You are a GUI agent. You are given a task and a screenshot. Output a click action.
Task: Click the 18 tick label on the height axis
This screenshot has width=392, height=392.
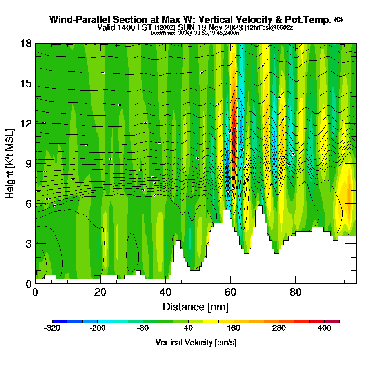click(x=25, y=43)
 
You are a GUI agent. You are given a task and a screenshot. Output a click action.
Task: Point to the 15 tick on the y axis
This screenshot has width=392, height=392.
click(x=25, y=83)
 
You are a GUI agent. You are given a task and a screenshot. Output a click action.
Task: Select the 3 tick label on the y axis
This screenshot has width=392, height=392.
click(x=28, y=243)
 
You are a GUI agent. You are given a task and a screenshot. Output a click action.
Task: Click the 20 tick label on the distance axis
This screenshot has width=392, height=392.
click(x=100, y=292)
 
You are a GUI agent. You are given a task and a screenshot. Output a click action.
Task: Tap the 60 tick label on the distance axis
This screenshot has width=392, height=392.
click(x=230, y=292)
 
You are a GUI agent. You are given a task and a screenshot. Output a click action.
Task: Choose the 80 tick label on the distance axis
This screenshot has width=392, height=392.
click(x=296, y=292)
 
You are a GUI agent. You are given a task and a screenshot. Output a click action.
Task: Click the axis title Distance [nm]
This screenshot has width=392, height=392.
click(x=196, y=307)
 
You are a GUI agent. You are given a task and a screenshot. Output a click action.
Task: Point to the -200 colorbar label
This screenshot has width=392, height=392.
click(x=98, y=328)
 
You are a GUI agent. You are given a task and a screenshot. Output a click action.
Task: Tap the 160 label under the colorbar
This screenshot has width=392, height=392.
click(x=234, y=328)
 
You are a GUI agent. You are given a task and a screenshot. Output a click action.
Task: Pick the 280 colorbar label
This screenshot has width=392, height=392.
click(x=279, y=328)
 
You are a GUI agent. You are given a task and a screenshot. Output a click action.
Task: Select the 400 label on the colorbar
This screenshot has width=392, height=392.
click(x=325, y=328)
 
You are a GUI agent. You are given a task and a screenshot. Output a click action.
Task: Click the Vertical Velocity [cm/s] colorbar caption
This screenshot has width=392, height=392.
click(x=196, y=343)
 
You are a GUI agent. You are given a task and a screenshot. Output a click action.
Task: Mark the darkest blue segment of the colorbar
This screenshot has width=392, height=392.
click(x=60, y=321)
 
